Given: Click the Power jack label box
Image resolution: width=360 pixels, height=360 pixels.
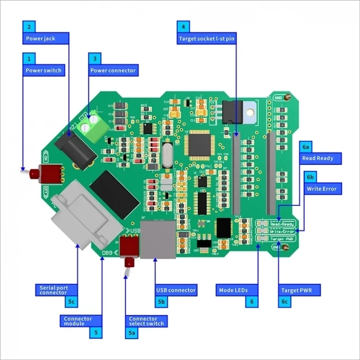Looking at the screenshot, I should click(x=46, y=39).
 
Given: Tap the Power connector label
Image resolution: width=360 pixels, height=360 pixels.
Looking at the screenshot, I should click(x=113, y=70).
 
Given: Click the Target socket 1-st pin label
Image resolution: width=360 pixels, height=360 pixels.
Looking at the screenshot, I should click(x=207, y=39).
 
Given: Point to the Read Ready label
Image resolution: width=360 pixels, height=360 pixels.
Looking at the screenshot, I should click(x=318, y=159).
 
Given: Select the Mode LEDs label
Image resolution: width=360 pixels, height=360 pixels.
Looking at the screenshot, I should click(x=232, y=290).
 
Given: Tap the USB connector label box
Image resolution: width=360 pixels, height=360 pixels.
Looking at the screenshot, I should click(x=176, y=290).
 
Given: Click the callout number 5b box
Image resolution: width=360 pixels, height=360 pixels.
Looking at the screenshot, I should click(x=161, y=303).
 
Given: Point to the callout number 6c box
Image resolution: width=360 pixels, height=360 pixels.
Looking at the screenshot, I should click(x=285, y=303).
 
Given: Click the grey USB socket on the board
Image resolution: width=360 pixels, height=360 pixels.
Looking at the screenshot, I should click(x=157, y=240).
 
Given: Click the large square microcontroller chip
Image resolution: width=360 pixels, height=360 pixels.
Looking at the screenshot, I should click(x=200, y=143).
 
